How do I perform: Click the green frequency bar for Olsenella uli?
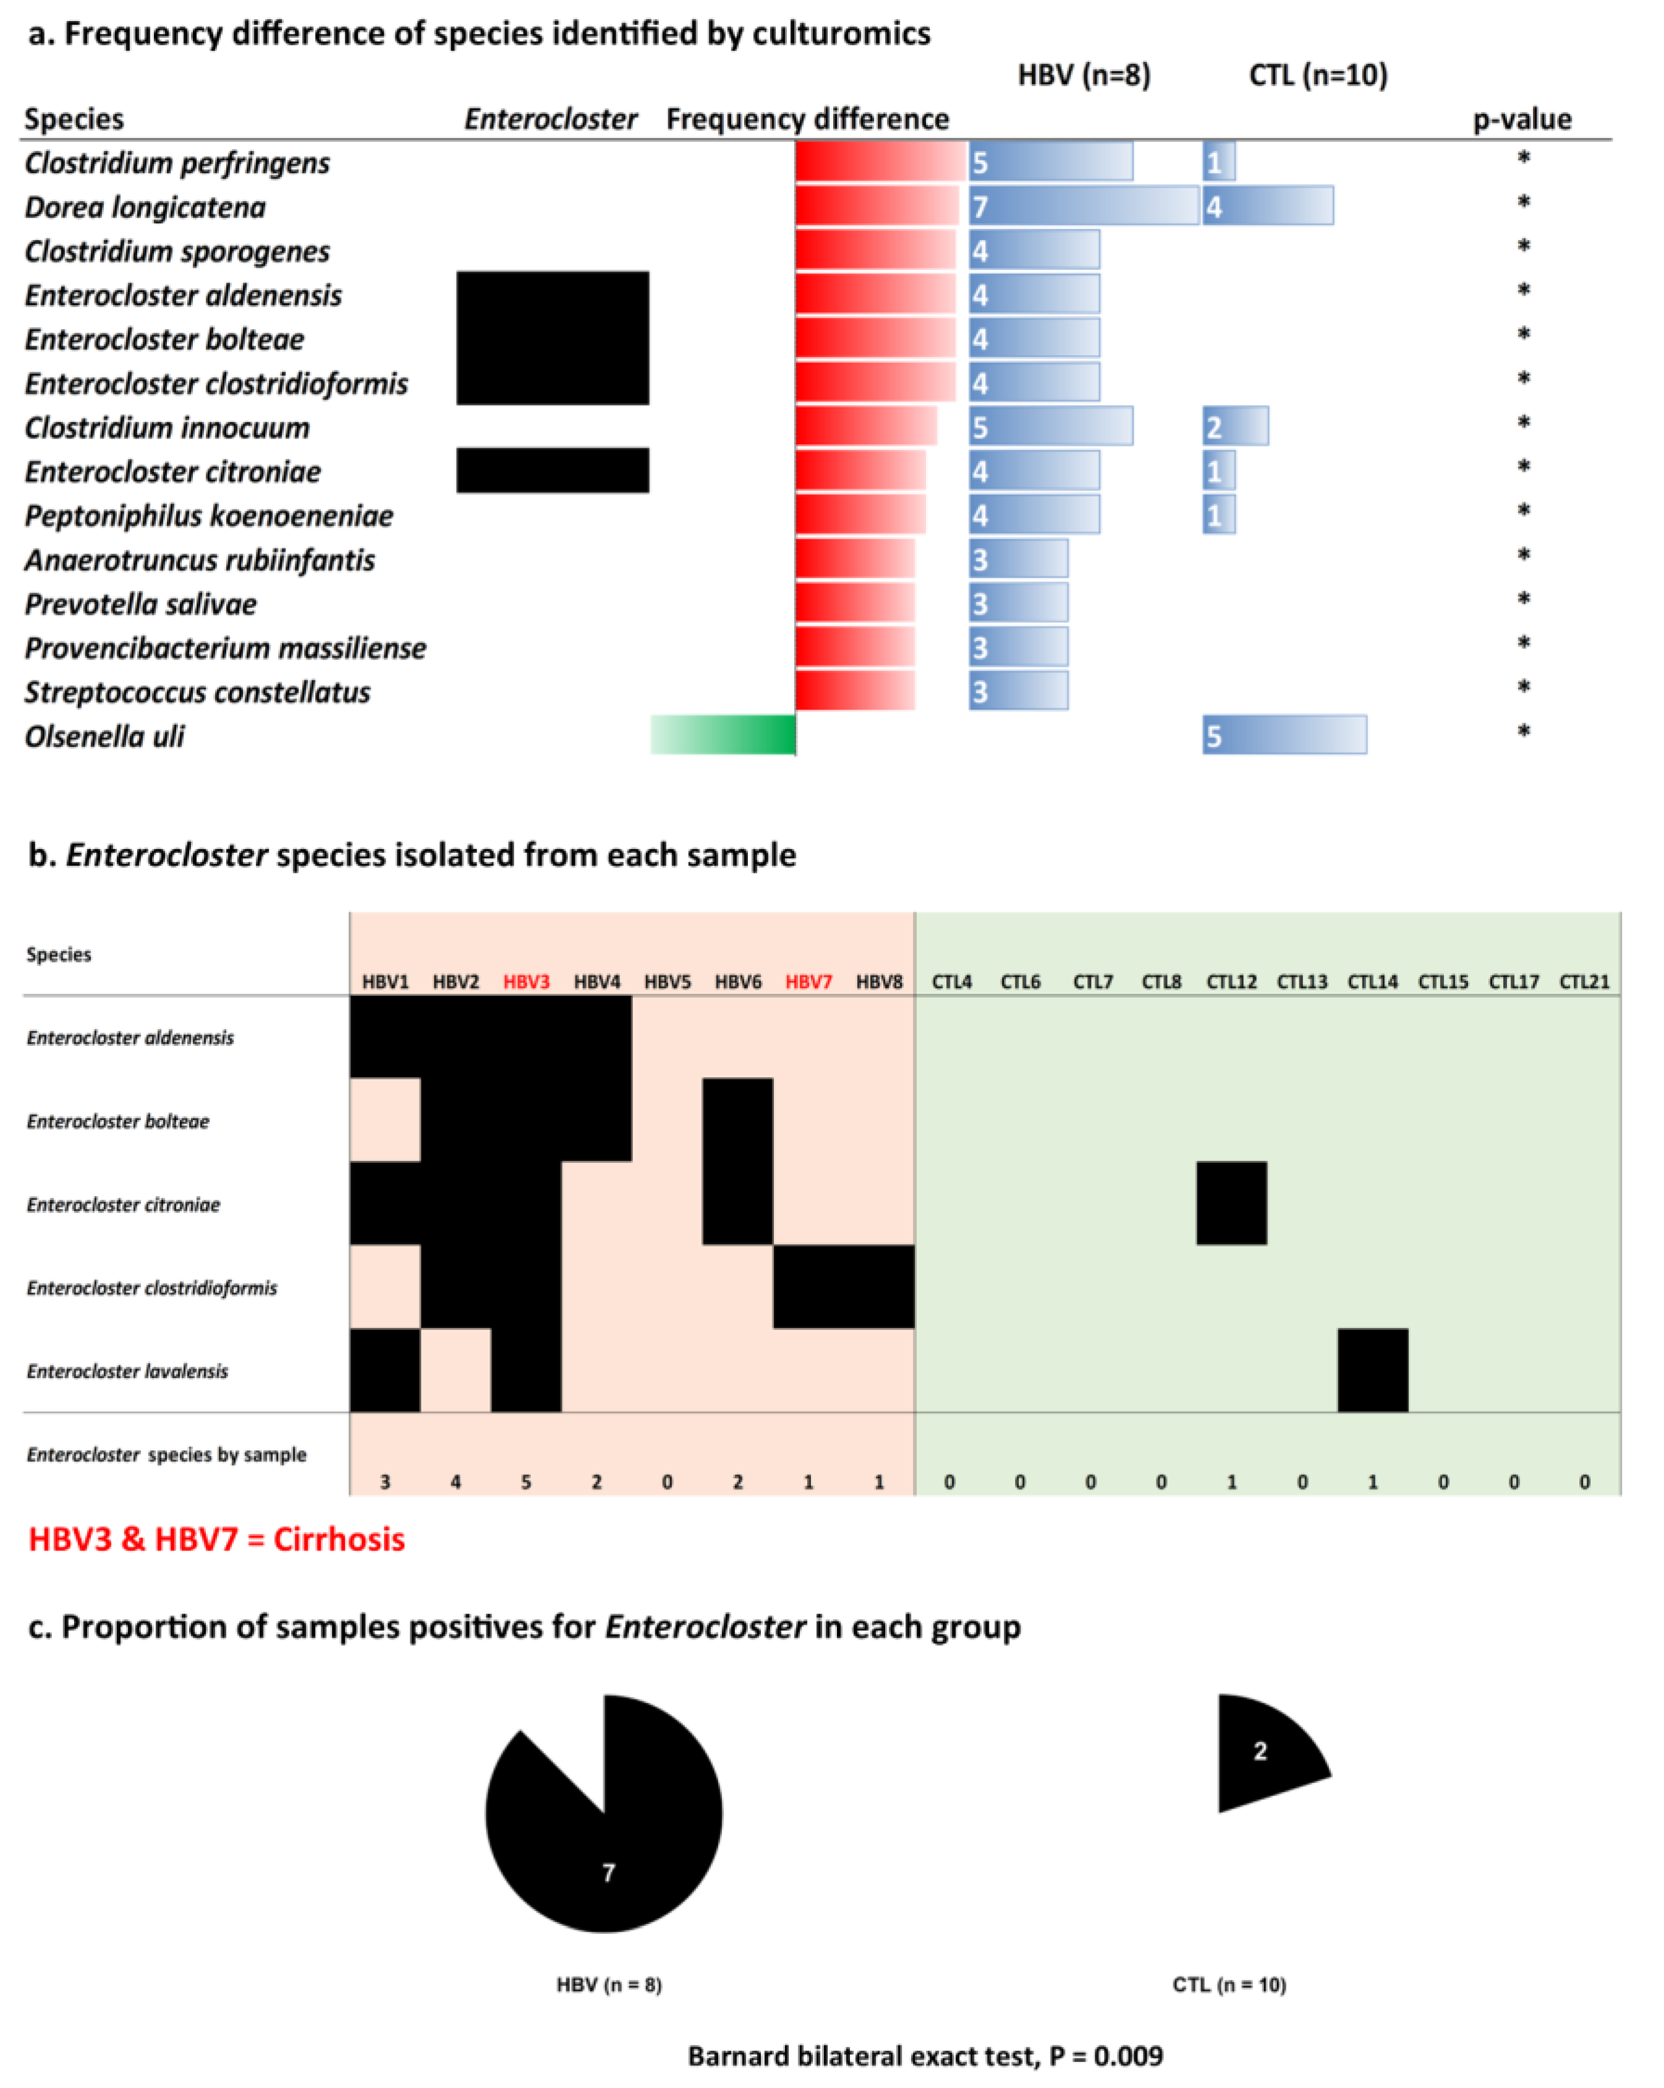click(723, 734)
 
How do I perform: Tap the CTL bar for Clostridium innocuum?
click(1234, 426)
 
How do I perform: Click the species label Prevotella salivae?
click(140, 604)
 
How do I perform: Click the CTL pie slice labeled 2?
click(1263, 1753)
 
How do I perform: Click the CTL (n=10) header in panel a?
click(1317, 75)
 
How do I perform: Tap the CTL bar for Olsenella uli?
click(1284, 734)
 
